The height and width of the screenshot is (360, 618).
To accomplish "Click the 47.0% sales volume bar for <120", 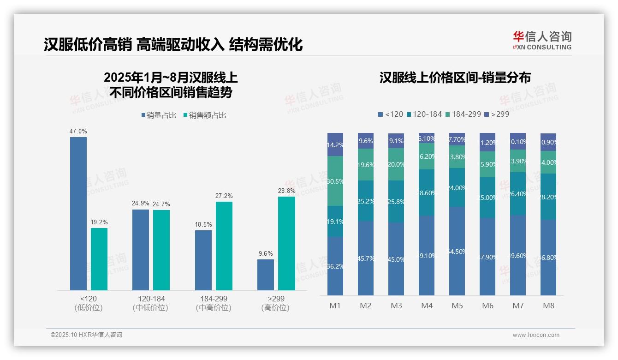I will coord(78,213).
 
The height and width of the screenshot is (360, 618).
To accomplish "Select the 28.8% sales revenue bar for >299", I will coord(286,243).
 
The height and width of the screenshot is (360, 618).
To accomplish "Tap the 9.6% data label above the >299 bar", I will coord(266,253).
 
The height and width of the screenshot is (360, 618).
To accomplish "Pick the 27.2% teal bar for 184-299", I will coord(224,246).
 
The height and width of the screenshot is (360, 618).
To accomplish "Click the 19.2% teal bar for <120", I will coord(99,258).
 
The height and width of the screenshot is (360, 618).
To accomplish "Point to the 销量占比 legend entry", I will coord(159,115).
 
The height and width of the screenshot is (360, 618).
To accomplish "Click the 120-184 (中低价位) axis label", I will coord(151,303).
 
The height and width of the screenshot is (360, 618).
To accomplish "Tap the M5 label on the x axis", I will coord(457,306).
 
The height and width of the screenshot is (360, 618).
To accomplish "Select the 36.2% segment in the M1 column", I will coord(335,266).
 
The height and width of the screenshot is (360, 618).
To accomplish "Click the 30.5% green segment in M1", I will coord(335,181).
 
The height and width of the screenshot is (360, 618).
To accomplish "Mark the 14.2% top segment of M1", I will coord(335,144).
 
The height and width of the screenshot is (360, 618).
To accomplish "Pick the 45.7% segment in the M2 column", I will coord(365,258).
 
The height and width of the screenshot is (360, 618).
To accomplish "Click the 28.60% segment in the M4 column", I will coord(427,192).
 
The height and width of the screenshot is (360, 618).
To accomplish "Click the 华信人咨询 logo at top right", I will coord(542,40).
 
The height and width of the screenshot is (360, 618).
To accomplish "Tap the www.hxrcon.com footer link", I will coord(536,335).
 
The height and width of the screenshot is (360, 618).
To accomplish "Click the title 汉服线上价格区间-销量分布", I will coord(455,78).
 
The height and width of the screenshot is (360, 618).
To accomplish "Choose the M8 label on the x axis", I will coord(548,306).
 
